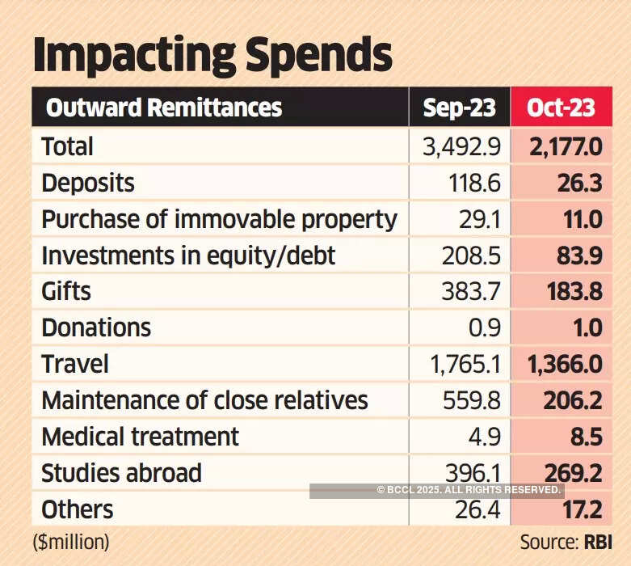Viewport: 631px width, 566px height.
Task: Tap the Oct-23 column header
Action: [561, 108]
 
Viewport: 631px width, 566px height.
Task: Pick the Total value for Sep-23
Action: [462, 147]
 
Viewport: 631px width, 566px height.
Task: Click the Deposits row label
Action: [88, 184]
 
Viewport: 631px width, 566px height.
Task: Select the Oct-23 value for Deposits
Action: [580, 184]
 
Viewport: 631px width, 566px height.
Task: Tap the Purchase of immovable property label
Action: [219, 220]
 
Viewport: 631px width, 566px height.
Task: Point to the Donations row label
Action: [96, 327]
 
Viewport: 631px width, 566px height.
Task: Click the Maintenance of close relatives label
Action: [204, 400]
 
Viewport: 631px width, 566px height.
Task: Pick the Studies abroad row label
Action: [121, 473]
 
